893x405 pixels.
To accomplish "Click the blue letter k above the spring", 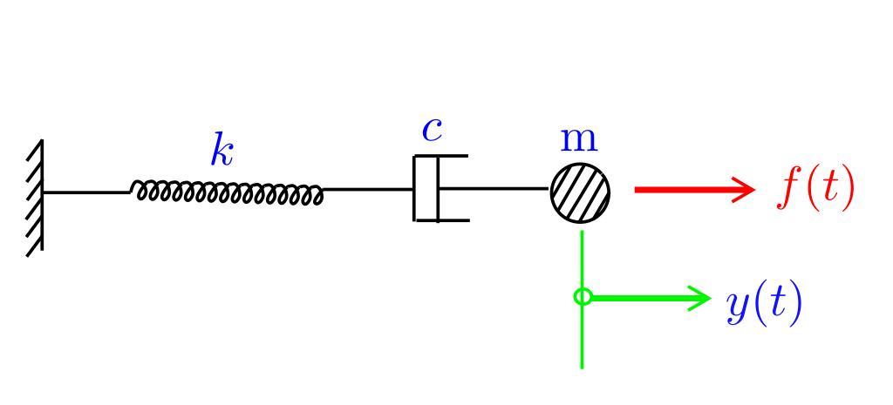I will pyautogui.click(x=222, y=151).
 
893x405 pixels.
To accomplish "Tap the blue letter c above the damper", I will pyautogui.click(x=432, y=130).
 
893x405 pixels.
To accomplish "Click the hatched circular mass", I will pyautogui.click(x=580, y=192).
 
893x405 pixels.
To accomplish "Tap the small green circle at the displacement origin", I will pyautogui.click(x=583, y=297).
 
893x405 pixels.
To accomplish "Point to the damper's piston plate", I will pyautogui.click(x=438, y=188).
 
